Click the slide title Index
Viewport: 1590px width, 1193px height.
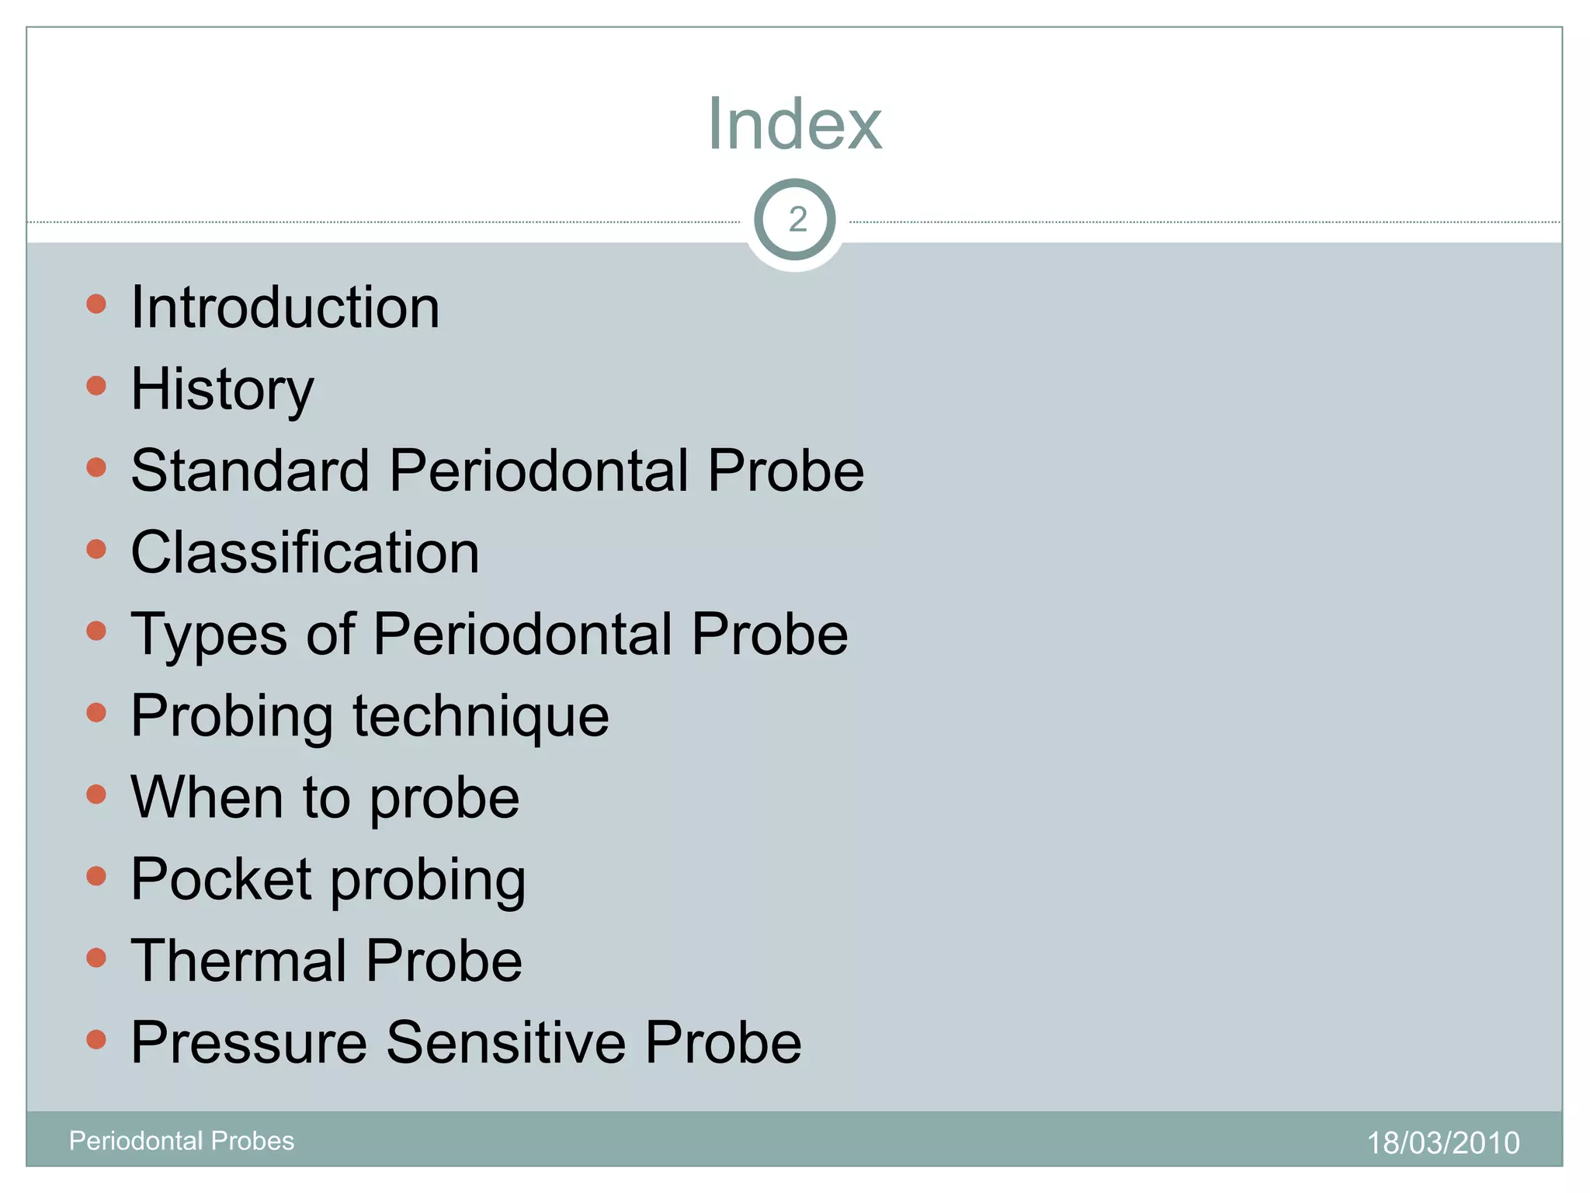(x=794, y=123)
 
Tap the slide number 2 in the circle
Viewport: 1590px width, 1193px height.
(x=797, y=220)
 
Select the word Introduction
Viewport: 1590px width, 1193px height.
(x=285, y=308)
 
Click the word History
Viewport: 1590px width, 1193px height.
(x=222, y=390)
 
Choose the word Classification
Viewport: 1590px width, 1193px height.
(x=305, y=552)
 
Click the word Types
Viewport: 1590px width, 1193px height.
(x=209, y=635)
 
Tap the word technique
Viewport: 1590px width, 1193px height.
(x=481, y=716)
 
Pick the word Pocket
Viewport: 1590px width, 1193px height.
(x=221, y=879)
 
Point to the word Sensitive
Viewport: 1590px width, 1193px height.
(x=505, y=1042)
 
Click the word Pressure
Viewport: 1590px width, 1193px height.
(x=248, y=1042)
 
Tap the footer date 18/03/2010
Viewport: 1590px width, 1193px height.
(x=1442, y=1143)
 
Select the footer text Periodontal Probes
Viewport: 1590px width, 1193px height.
(x=182, y=1141)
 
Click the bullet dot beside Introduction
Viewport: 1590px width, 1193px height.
(x=96, y=304)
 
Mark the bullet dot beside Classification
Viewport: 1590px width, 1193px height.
(x=96, y=549)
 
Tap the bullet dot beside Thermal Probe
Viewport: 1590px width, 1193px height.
(x=96, y=958)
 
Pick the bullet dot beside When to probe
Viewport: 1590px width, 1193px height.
(x=96, y=795)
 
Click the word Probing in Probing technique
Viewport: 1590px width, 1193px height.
(x=232, y=716)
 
